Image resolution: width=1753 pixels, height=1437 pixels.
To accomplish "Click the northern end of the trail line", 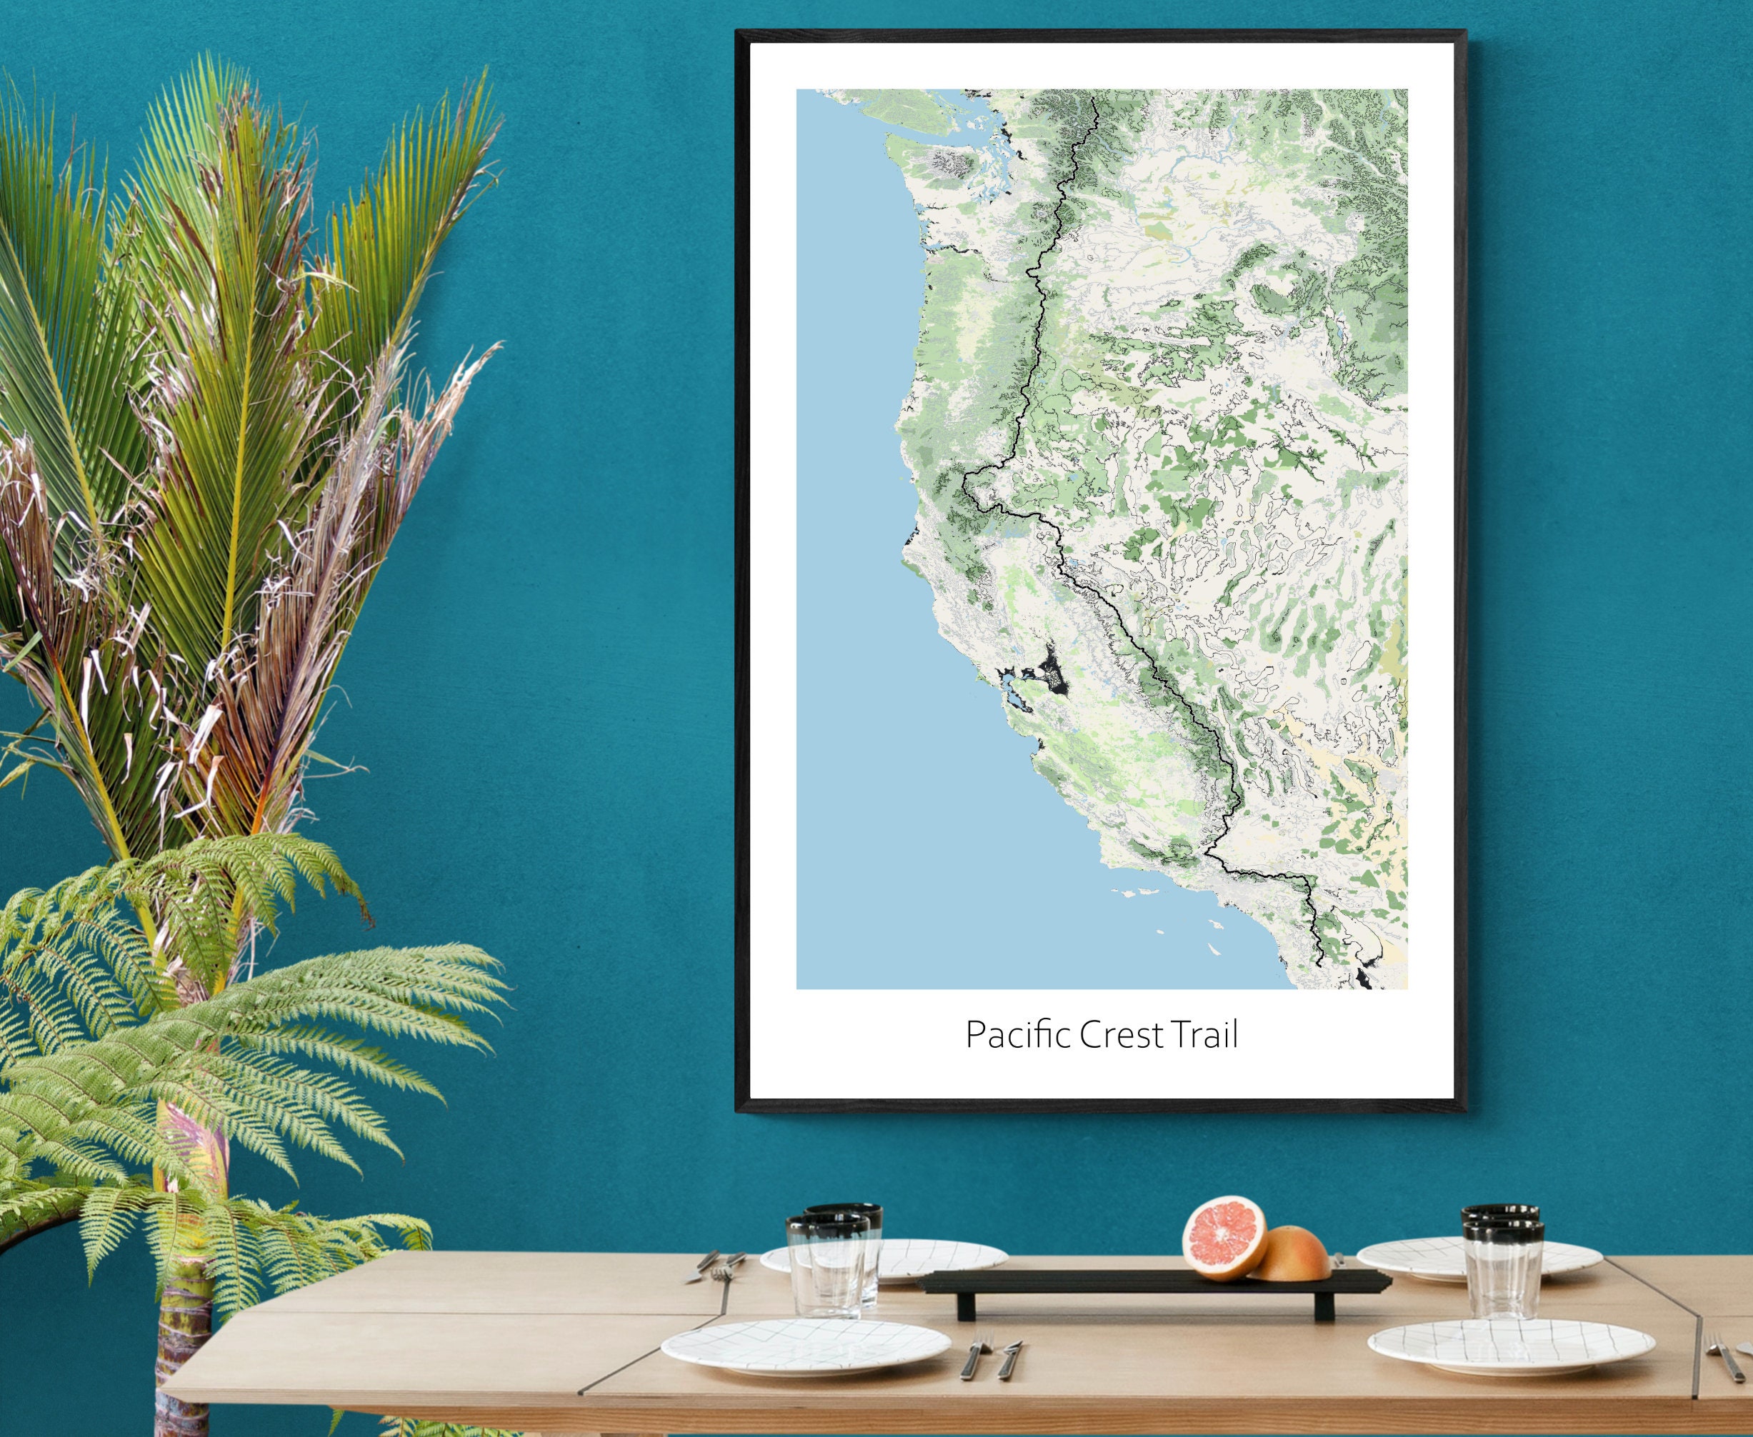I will (1094, 98).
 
